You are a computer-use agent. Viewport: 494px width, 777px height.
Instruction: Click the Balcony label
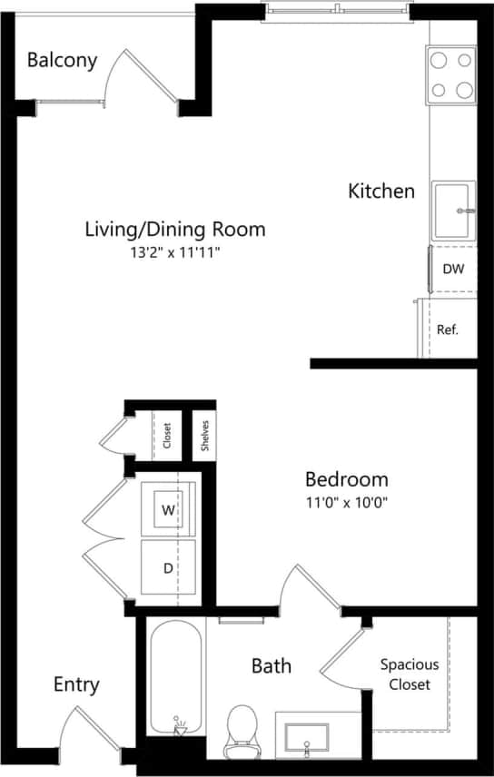coord(62,61)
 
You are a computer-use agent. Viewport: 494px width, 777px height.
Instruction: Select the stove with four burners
coord(451,74)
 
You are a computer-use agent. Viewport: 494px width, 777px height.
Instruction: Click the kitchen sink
coord(452,210)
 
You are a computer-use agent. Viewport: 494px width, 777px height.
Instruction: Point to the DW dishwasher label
coord(452,269)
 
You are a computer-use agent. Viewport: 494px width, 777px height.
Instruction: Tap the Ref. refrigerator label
coord(447,329)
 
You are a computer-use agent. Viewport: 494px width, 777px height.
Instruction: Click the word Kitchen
coord(381,192)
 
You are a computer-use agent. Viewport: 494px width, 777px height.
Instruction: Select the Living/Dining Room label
coord(174,229)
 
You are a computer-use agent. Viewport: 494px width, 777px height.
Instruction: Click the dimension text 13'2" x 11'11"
coord(174,253)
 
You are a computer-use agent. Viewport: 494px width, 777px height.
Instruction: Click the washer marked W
coord(169,510)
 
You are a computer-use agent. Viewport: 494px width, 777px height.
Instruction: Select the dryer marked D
coord(168,568)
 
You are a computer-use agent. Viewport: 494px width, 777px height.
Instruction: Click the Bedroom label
coord(346,479)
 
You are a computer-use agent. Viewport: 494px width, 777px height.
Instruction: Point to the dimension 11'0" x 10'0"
coord(346,504)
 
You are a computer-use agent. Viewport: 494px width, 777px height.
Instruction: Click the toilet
coord(242,731)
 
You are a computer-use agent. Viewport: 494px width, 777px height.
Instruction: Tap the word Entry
coord(76,684)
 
